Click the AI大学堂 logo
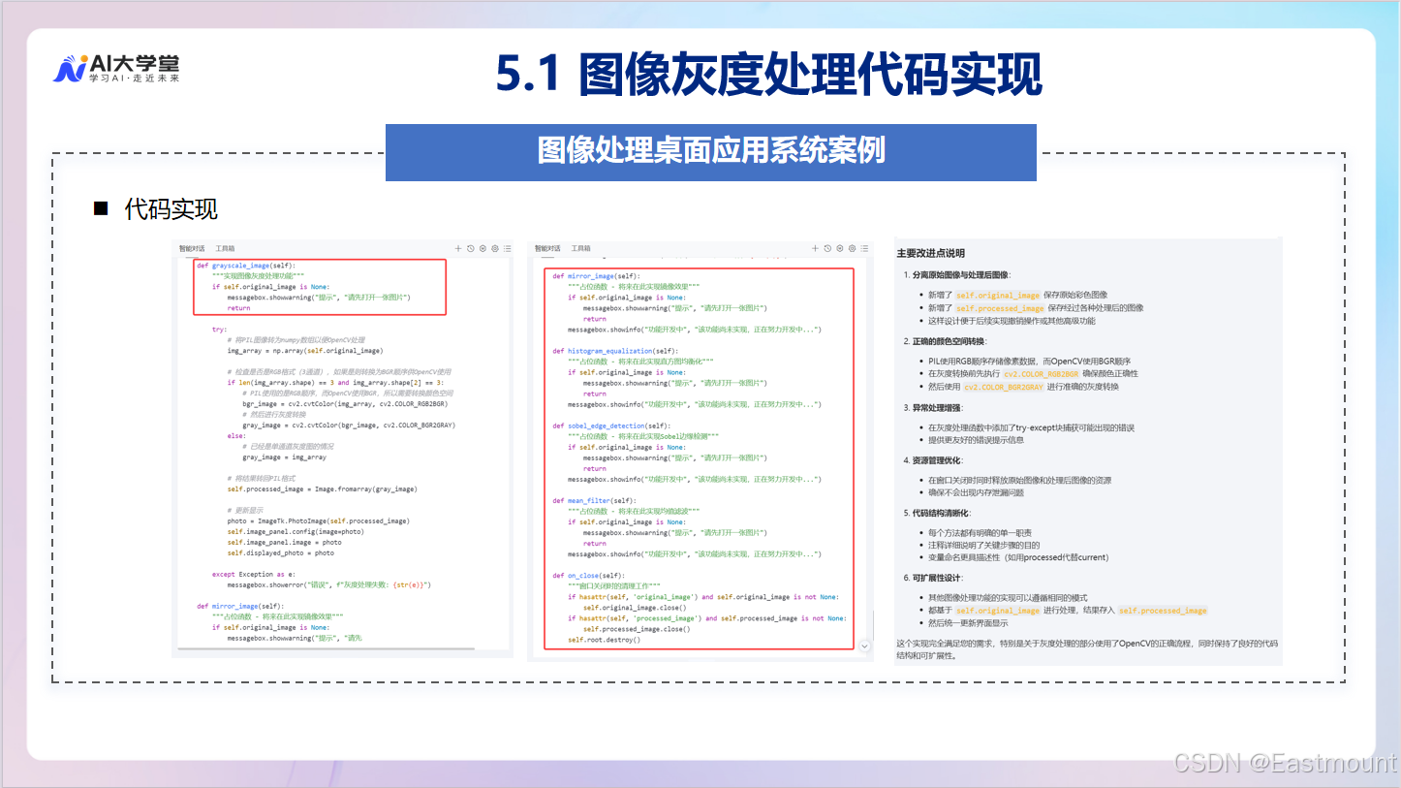tap(115, 68)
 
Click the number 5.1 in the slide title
tap(528, 75)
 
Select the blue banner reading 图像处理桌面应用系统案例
tap(710, 151)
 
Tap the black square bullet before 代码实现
tap(100, 208)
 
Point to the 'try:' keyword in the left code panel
tap(220, 330)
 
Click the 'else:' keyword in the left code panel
tap(235, 436)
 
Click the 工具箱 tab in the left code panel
tap(225, 249)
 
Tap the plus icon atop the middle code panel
tap(814, 249)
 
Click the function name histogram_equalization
tap(608, 351)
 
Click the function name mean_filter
tap(588, 501)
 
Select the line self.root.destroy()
tap(604, 640)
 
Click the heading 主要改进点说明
tap(931, 254)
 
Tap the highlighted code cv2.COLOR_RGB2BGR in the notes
tap(1041, 374)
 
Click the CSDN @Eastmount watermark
tap(1285, 764)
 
